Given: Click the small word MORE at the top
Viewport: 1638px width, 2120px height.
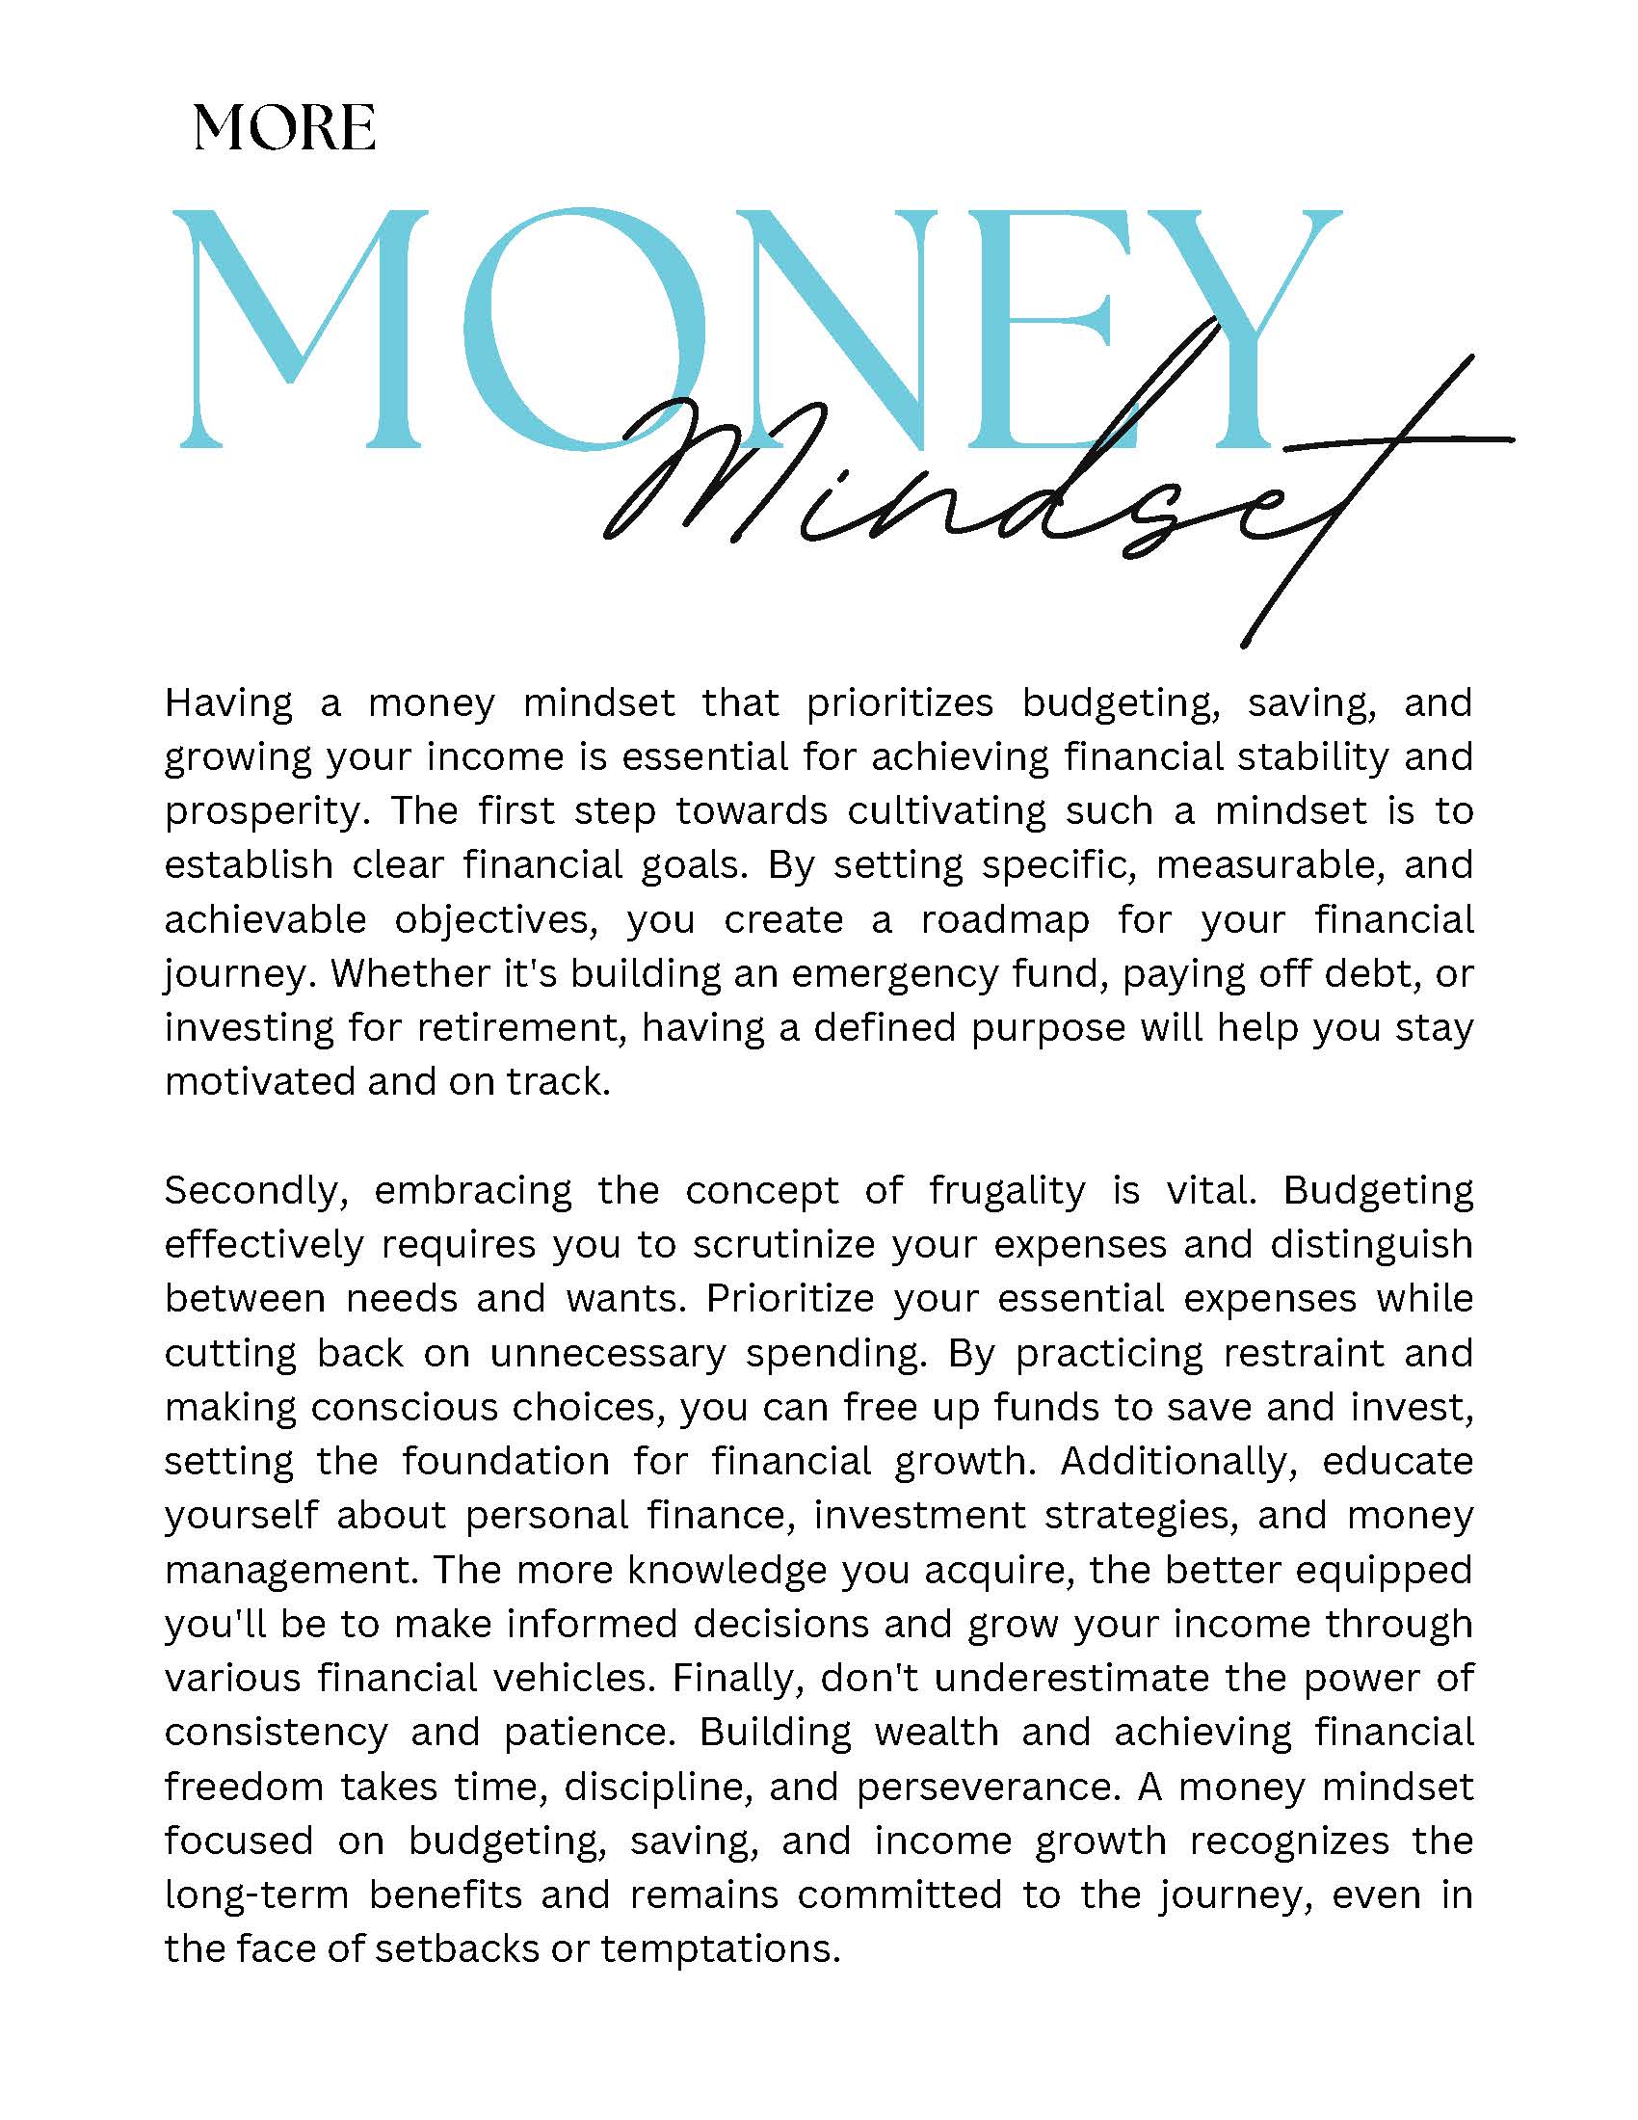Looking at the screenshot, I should (284, 128).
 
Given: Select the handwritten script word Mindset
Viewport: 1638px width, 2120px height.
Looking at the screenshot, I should (970, 486).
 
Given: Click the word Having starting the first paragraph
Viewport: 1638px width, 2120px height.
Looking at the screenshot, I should (228, 702).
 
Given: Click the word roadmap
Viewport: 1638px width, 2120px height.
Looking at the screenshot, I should (1005, 919).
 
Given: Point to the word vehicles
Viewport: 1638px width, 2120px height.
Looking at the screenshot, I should (575, 1679).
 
